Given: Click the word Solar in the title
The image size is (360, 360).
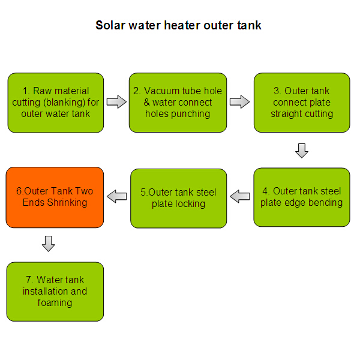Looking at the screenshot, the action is point(110,25).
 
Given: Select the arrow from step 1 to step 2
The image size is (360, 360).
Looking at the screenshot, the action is point(116,101).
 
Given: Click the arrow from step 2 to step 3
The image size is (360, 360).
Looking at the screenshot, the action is point(239,101).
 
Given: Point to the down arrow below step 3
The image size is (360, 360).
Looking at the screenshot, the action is point(302,151).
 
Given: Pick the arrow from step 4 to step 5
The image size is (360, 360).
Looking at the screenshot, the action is point(240,196).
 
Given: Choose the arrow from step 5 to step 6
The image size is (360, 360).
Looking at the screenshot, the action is point(117,196).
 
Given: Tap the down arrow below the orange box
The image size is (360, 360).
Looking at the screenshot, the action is point(49,244).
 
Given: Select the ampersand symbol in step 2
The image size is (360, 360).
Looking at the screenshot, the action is point(147,102).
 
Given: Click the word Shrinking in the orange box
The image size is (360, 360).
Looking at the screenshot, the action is point(67,203).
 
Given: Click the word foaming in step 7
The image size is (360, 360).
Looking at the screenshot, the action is point(55,302).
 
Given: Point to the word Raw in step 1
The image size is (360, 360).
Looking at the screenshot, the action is point(41,91).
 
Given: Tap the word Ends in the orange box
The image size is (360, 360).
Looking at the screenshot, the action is point(34,203).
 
